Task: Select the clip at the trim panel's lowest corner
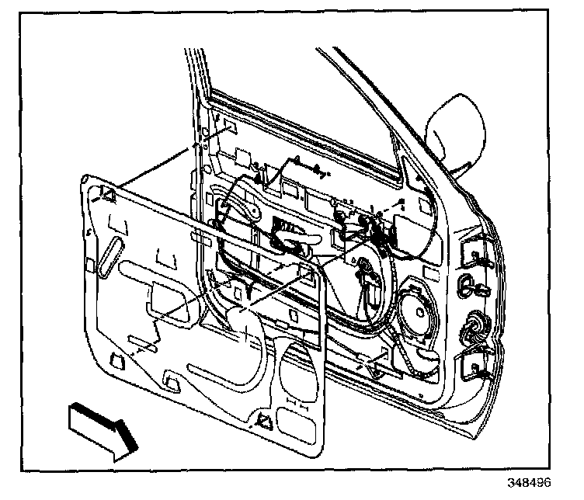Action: click(x=262, y=421)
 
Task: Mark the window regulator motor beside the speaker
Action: click(x=369, y=284)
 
